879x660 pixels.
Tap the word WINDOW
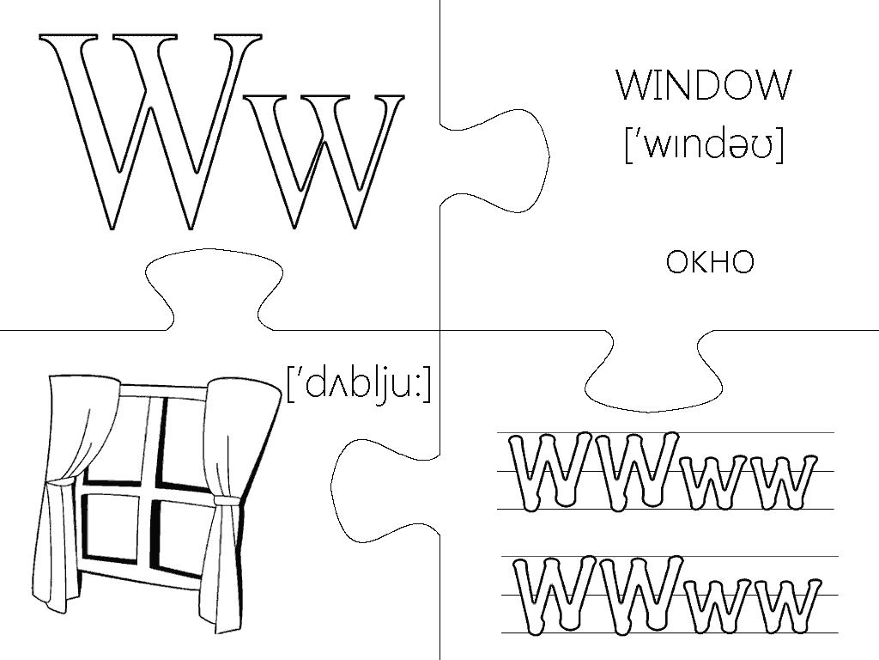pyautogui.click(x=704, y=86)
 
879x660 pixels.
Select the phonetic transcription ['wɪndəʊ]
pyautogui.click(x=704, y=146)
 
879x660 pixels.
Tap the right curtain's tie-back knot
pyautogui.click(x=226, y=500)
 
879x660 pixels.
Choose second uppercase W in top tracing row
pyautogui.click(x=635, y=471)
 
